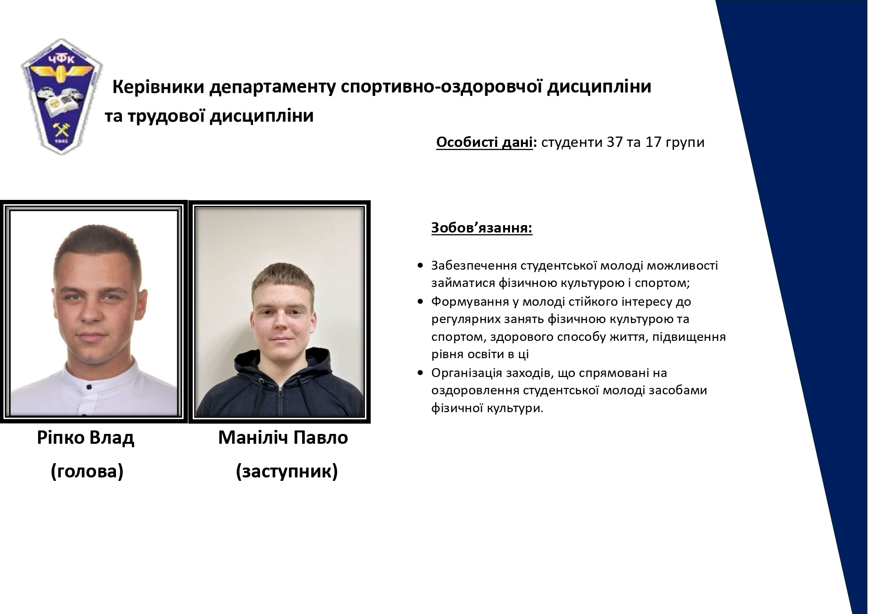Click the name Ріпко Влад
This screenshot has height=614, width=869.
click(86, 437)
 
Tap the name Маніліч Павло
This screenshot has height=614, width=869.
click(283, 437)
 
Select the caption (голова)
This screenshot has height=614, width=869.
click(87, 472)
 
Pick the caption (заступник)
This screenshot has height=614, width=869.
click(287, 472)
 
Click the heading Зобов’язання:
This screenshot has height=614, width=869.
click(482, 228)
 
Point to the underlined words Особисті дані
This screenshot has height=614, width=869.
click(484, 142)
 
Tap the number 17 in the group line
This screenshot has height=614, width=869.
click(655, 142)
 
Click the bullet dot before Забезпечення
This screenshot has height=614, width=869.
click(420, 266)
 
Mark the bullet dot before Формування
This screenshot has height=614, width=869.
click(420, 301)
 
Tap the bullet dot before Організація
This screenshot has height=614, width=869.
click(420, 373)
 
